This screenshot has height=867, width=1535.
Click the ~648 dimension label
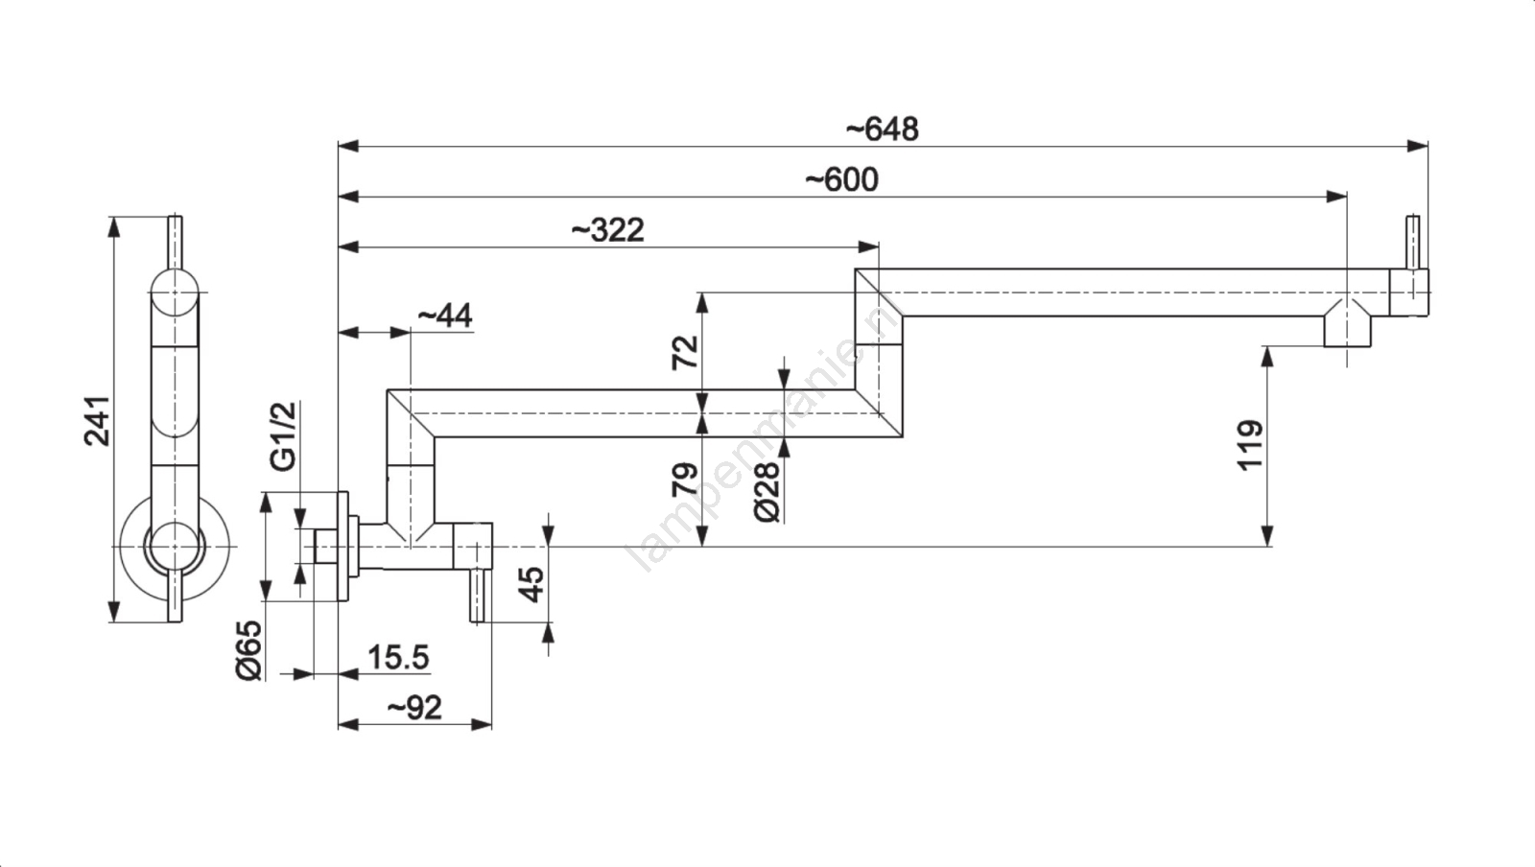(x=882, y=129)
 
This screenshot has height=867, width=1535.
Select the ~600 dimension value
(x=841, y=179)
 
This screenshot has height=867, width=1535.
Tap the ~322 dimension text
(x=607, y=230)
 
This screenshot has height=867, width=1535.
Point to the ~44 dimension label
(x=445, y=316)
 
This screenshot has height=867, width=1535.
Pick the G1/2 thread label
(x=283, y=436)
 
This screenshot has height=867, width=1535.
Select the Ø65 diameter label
(x=248, y=650)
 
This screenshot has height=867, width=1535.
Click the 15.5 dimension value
(x=398, y=658)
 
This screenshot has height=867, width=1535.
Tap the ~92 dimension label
(x=414, y=708)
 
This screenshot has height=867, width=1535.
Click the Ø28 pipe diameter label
(x=767, y=492)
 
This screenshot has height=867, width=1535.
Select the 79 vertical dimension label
(x=685, y=480)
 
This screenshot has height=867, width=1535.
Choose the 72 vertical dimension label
(x=685, y=352)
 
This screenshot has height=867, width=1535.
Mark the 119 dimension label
(x=1250, y=444)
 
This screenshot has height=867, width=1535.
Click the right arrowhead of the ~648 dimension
(x=1418, y=146)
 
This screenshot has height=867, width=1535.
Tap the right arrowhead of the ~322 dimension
(x=868, y=246)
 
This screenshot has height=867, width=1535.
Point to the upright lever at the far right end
(x=1413, y=243)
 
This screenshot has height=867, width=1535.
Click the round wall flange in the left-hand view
(x=174, y=546)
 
